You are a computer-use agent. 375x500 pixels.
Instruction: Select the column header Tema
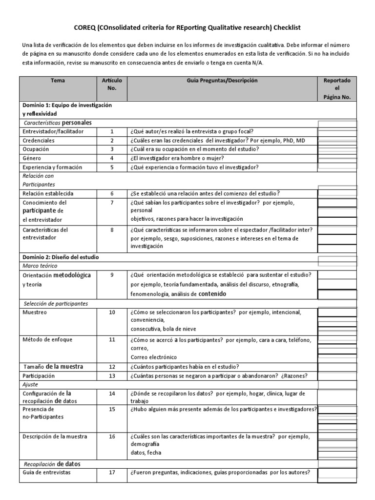57,81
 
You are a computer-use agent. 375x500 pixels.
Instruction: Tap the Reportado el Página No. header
337,89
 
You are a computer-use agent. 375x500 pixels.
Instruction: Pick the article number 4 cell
111,158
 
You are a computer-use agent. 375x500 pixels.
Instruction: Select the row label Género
32,158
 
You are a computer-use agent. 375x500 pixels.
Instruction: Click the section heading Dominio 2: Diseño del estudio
62,257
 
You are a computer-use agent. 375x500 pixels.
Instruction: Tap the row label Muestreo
35,312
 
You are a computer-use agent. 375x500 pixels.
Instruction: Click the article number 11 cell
111,339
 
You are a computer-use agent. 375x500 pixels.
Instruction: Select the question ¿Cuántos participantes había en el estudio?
184,367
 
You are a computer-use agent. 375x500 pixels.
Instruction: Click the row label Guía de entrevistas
46,473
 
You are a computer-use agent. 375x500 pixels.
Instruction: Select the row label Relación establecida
47,193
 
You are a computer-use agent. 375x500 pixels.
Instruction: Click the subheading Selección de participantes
56,303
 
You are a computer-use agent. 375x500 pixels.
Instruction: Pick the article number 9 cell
111,275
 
